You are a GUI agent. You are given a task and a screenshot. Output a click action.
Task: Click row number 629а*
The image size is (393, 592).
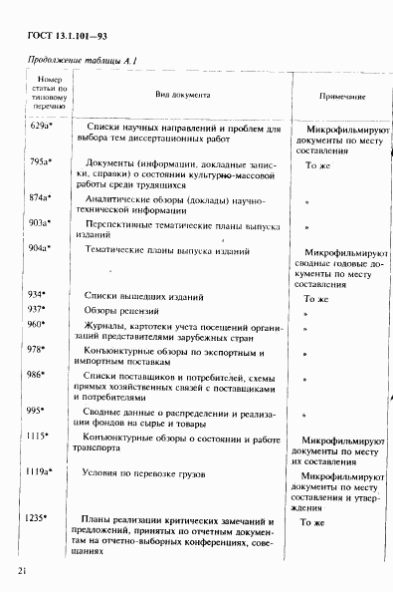[41, 129]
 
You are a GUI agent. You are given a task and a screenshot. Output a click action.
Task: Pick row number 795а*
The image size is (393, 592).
[41, 161]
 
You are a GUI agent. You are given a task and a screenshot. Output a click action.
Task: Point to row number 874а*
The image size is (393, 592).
[41, 197]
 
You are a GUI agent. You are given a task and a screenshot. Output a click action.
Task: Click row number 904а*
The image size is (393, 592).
[41, 248]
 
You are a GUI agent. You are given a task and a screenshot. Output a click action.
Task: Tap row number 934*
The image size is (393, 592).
[38, 296]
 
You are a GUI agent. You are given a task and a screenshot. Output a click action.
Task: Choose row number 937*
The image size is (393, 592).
[38, 310]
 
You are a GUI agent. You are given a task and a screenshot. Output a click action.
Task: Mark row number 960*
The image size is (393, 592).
[38, 325]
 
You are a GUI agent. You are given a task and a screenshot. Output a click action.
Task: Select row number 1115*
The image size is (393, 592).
[38, 437]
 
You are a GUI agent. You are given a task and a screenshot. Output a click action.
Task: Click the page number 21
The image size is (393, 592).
[21, 570]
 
